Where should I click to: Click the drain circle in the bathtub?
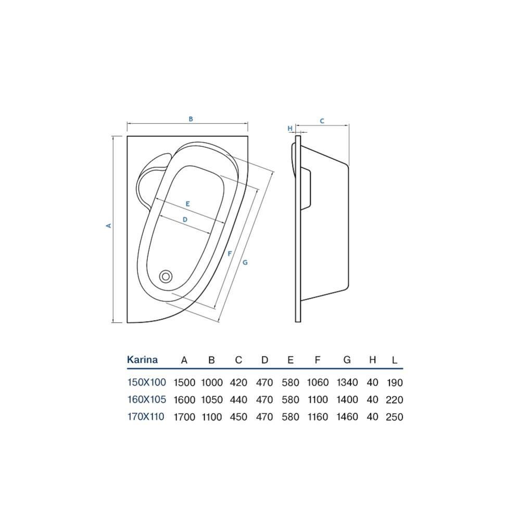click(x=166, y=276)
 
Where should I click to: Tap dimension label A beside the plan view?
click(x=108, y=225)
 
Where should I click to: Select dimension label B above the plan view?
click(x=191, y=119)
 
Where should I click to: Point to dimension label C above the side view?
click(x=322, y=121)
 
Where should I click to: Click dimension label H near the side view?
click(x=290, y=129)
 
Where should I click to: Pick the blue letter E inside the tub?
click(x=188, y=204)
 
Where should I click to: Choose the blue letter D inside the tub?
click(x=185, y=219)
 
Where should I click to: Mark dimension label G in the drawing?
click(x=245, y=262)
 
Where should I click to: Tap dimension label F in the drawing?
click(x=230, y=253)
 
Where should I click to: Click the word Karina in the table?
click(x=142, y=360)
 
